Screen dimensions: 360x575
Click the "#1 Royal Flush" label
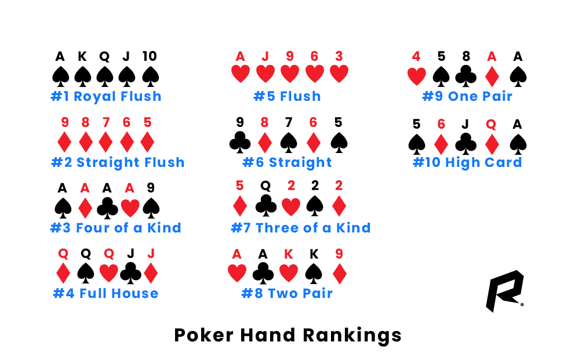pos(106,96)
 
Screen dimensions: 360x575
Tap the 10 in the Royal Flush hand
pos(150,57)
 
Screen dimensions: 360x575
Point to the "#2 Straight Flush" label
pos(118,162)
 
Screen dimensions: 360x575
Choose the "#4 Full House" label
pos(105,293)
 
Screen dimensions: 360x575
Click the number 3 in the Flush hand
pos(339,57)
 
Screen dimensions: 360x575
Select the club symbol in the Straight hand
pos(240,143)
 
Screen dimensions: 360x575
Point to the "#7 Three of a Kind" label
pos(301,228)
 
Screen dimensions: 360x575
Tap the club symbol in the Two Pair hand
pos(264,274)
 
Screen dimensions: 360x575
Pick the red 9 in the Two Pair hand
pos(339,253)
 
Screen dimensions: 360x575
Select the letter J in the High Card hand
pos(465,123)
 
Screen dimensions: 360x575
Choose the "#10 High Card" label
pos(467,162)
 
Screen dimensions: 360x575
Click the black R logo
pos(503,290)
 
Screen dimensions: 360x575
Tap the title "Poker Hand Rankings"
pos(287,335)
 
